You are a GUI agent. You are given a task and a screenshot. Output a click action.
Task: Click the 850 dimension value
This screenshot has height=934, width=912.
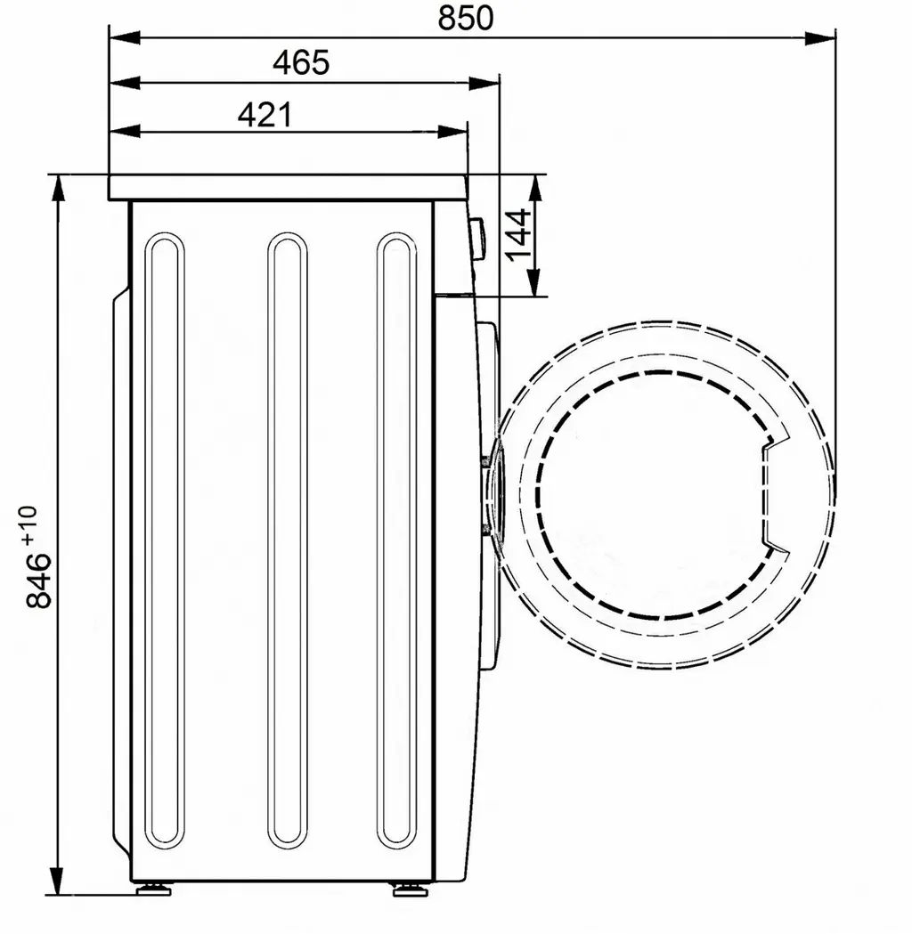click(465, 18)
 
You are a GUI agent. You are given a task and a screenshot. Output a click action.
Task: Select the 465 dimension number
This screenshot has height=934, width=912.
click(301, 62)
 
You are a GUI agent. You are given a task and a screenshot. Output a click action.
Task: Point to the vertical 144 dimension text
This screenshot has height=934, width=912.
click(518, 235)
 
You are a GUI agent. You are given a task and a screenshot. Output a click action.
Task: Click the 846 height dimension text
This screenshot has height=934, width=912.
click(39, 581)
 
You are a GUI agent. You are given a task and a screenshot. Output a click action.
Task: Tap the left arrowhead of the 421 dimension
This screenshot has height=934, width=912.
click(125, 131)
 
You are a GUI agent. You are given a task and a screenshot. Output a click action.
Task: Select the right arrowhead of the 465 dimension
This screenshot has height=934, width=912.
click(484, 84)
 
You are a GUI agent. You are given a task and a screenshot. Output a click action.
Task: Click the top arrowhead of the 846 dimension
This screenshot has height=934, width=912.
click(57, 191)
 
